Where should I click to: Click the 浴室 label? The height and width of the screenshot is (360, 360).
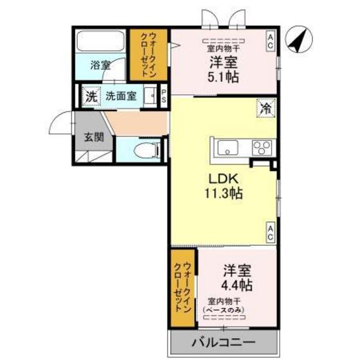click(100, 65)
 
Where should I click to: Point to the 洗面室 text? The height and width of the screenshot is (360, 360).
click(121, 97)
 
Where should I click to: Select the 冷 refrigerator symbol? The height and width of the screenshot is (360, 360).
click(265, 107)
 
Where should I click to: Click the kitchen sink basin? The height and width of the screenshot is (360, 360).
click(228, 148)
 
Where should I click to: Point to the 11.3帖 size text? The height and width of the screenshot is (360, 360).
click(224, 194)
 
